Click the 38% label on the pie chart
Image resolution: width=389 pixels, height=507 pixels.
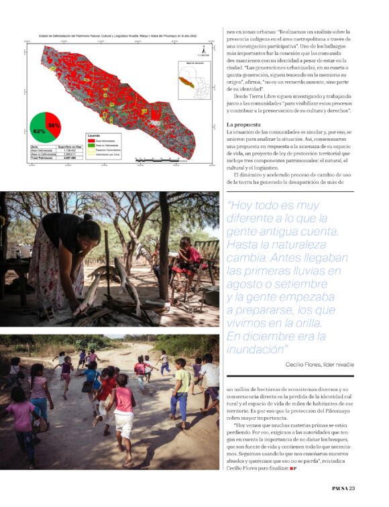click(x=54, y=125)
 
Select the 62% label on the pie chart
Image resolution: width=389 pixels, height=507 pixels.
click(x=39, y=131)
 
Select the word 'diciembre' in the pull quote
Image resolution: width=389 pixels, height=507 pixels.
click(x=268, y=336)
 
